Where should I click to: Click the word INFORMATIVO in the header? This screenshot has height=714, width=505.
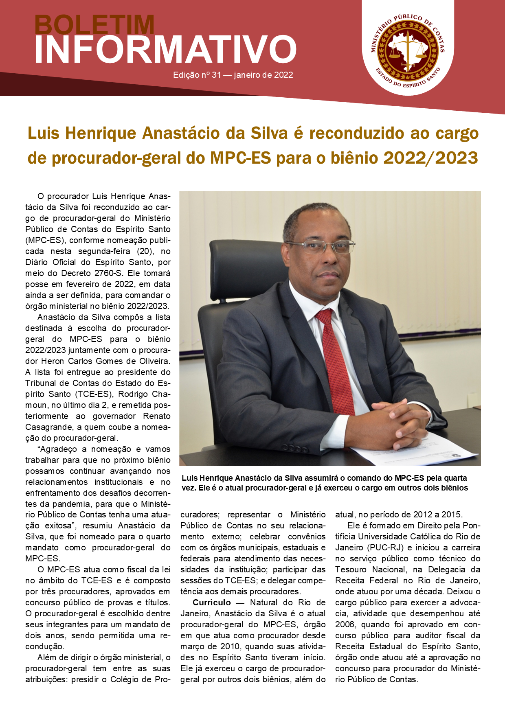(165, 50)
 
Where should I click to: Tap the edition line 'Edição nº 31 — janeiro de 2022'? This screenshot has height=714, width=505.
(233, 75)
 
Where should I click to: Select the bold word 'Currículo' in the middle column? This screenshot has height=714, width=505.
(212, 602)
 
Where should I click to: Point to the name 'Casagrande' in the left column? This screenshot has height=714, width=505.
(49, 427)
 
